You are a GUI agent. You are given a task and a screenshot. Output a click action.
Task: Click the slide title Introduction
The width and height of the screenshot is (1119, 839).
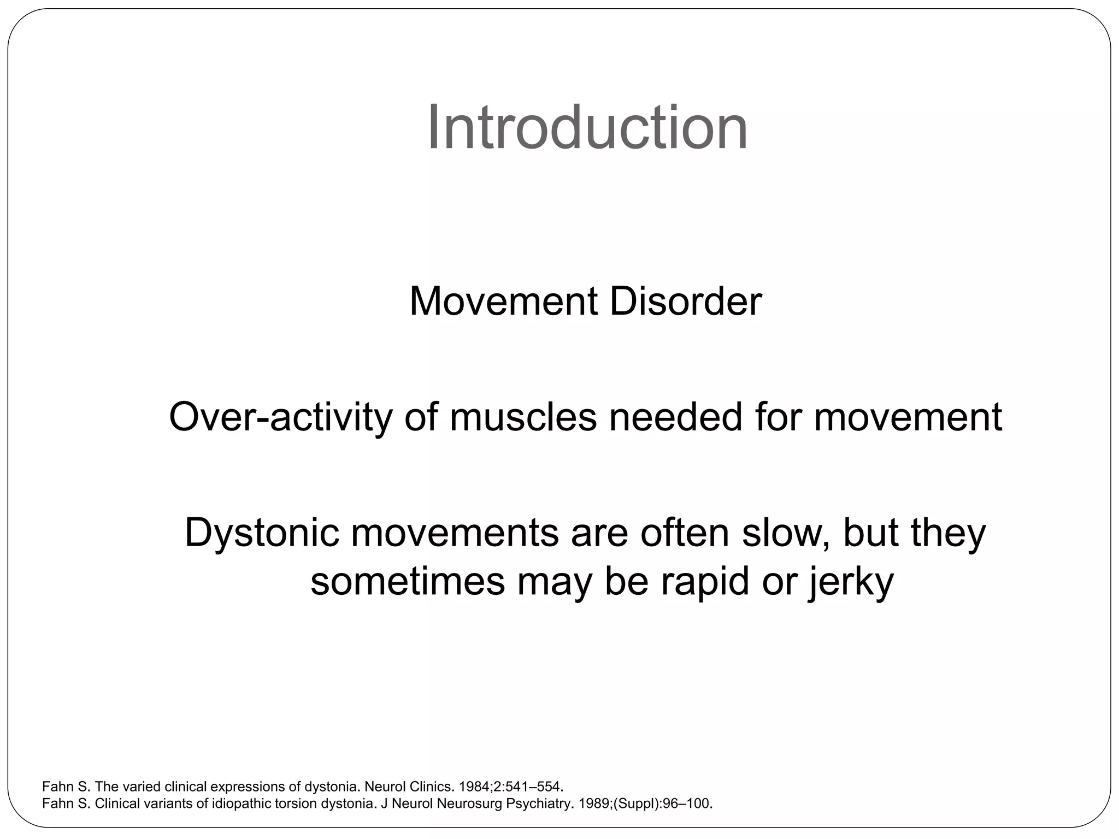(x=587, y=128)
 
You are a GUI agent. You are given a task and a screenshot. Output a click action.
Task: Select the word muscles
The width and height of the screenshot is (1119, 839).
(x=523, y=417)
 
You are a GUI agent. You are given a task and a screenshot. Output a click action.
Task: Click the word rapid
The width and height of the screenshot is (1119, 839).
(x=705, y=582)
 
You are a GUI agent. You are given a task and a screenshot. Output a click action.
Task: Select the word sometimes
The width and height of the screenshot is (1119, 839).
(x=408, y=582)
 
